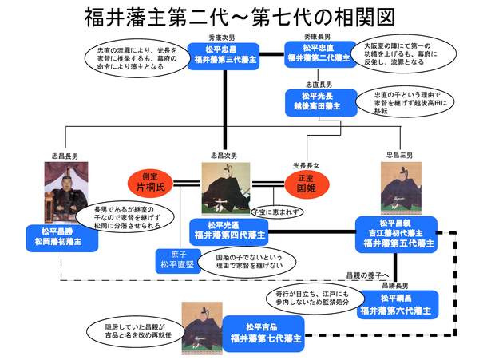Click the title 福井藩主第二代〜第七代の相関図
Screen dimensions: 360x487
coord(243,17)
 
